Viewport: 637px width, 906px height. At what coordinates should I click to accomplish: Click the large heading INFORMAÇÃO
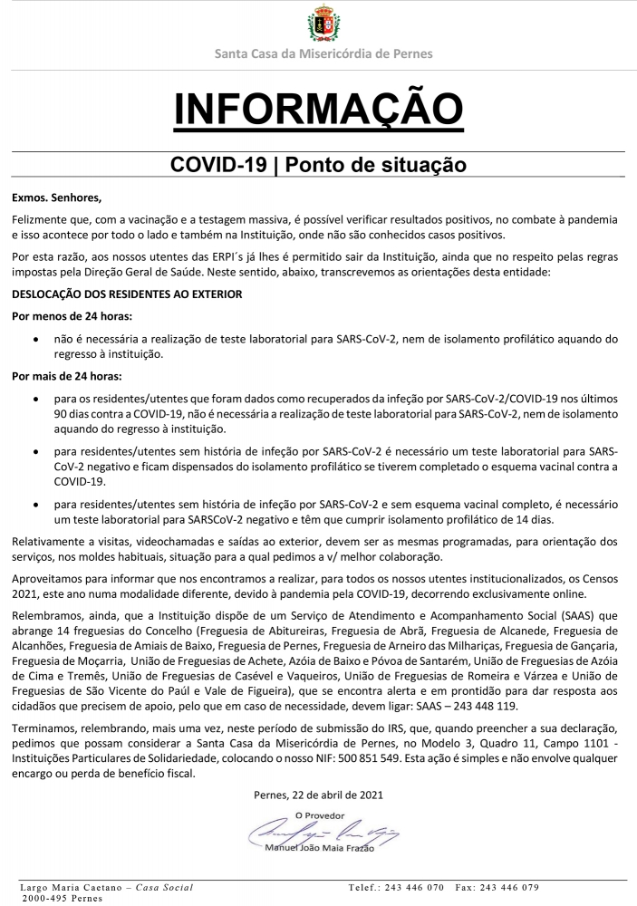point(318,108)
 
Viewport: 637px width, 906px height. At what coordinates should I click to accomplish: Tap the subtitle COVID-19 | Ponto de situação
point(318,165)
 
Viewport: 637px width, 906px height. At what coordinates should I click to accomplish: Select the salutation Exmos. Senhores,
point(57,197)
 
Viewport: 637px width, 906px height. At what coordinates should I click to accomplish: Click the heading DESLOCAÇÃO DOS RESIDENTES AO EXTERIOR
point(126,294)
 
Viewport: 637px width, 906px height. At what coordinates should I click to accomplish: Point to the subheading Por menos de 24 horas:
point(72,316)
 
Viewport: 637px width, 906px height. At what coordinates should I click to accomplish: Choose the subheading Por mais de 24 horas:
point(68,374)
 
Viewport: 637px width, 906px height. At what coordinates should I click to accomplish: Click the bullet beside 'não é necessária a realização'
point(34,339)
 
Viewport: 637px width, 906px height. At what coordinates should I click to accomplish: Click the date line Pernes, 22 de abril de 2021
point(318,795)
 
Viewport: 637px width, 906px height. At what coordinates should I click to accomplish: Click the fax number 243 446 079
point(508,887)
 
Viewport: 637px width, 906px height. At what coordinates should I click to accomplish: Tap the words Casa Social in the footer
point(164,887)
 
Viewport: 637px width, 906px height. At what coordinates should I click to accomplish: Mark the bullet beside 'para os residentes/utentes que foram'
point(34,397)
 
